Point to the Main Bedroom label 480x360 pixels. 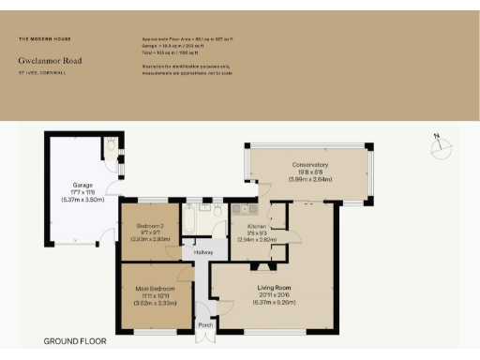point(157,288)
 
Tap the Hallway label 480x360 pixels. point(203,252)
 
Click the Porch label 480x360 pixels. point(204,325)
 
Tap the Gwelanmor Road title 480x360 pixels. point(50,61)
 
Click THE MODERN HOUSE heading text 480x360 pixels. point(44,39)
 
